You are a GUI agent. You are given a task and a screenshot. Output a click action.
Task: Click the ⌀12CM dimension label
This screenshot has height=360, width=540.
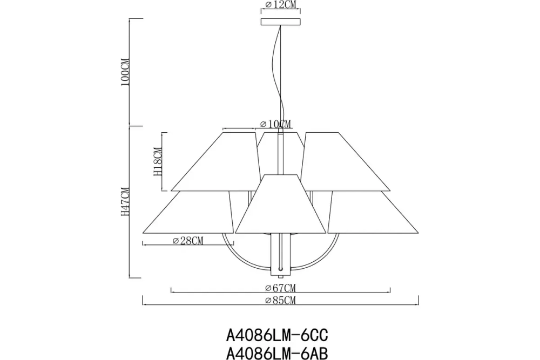(280, 6)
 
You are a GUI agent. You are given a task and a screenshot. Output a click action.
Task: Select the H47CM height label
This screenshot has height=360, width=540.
(125, 201)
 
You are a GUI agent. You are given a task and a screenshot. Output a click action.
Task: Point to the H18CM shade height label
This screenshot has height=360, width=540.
(158, 162)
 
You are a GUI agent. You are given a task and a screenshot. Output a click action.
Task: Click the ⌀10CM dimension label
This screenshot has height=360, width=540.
(275, 124)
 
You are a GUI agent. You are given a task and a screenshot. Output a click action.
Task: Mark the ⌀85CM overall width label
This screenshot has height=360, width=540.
(281, 300)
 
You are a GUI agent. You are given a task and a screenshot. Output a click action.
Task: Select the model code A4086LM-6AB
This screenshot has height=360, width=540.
(276, 352)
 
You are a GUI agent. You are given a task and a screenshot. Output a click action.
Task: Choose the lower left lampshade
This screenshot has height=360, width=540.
(189, 213)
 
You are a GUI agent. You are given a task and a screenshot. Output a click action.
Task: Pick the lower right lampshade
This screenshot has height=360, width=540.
(373, 213)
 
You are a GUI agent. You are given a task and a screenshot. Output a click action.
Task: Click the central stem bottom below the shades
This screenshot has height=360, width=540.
(281, 254)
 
